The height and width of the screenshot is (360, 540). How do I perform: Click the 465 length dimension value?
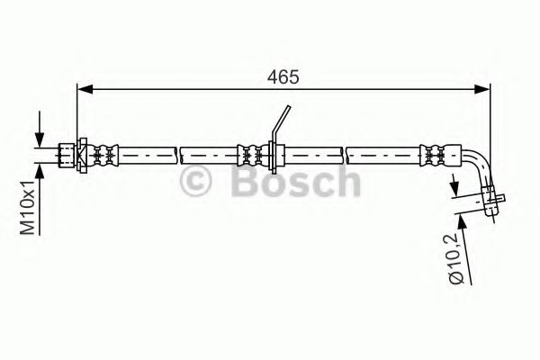(x=286, y=77)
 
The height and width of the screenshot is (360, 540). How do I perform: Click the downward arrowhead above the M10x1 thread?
(x=40, y=139)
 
